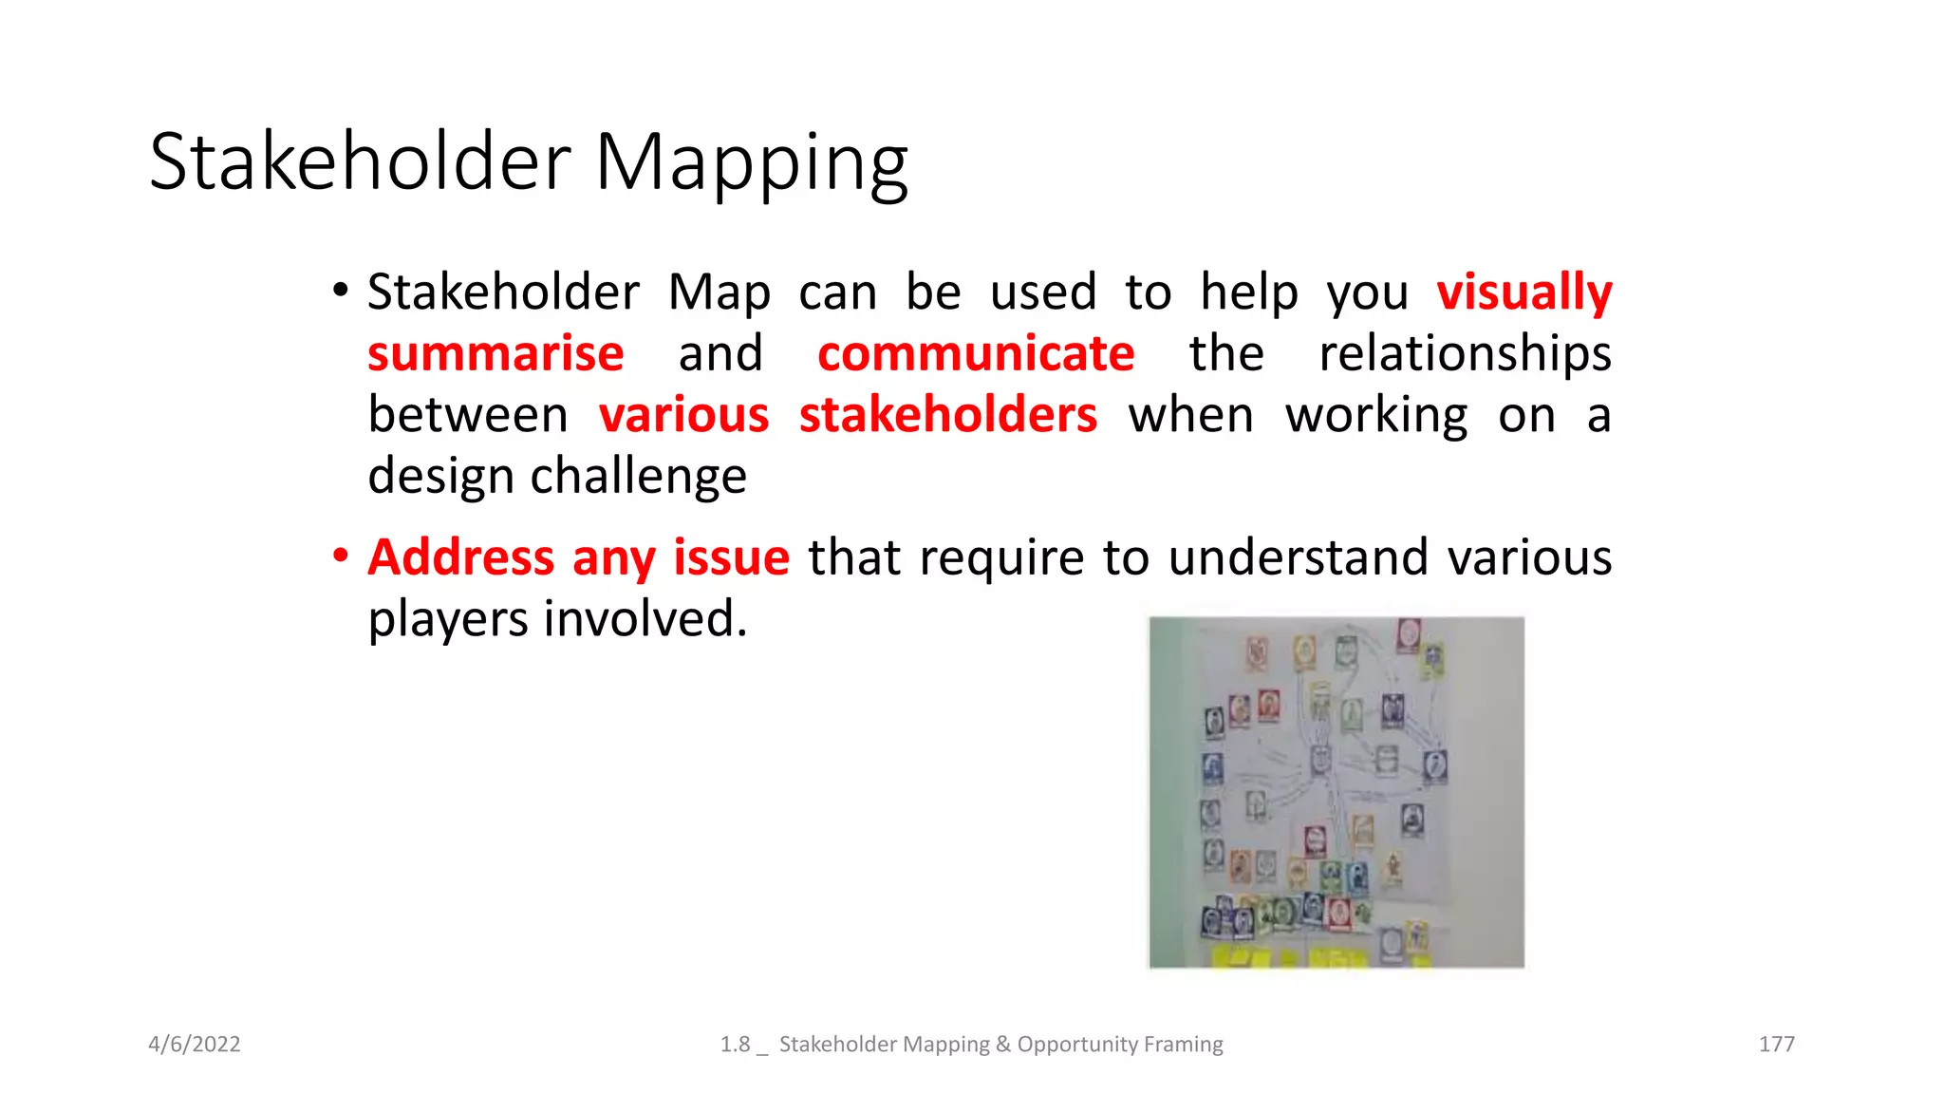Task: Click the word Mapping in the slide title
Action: tap(751, 163)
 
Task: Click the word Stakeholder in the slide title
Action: tap(360, 161)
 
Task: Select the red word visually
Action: tap(1523, 292)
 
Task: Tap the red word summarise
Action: tap(495, 354)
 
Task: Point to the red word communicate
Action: tap(976, 354)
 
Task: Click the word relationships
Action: tap(1465, 354)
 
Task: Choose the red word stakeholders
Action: tap(947, 416)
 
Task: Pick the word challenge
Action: tap(638, 477)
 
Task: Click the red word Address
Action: tap(461, 557)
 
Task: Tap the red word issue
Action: tap(731, 557)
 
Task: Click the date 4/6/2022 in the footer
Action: tap(195, 1045)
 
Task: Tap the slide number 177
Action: tap(1776, 1045)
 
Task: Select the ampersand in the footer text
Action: tap(1003, 1045)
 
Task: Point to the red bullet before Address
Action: tap(341, 556)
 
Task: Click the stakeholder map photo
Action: tap(1336, 793)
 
